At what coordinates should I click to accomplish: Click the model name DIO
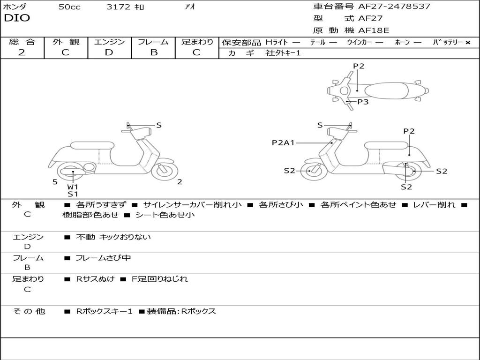tap(17, 18)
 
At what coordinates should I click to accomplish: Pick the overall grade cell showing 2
tap(22, 52)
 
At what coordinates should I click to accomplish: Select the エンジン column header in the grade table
tap(109, 42)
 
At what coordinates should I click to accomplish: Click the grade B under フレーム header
tap(153, 52)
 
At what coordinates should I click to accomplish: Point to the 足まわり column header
tap(197, 42)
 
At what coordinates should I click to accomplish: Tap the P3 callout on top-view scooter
tap(363, 102)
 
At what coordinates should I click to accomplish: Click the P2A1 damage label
tap(283, 142)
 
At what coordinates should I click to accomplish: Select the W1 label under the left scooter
tap(73, 187)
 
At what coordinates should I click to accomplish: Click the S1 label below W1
tap(73, 194)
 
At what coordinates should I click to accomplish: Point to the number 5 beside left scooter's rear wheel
tap(55, 182)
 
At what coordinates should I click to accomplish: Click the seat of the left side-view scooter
tap(92, 145)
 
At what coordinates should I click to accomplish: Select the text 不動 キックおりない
tap(113, 237)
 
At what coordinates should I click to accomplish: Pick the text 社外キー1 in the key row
tap(283, 53)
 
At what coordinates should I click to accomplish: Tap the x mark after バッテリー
tap(468, 42)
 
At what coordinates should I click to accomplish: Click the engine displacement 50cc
tap(69, 7)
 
